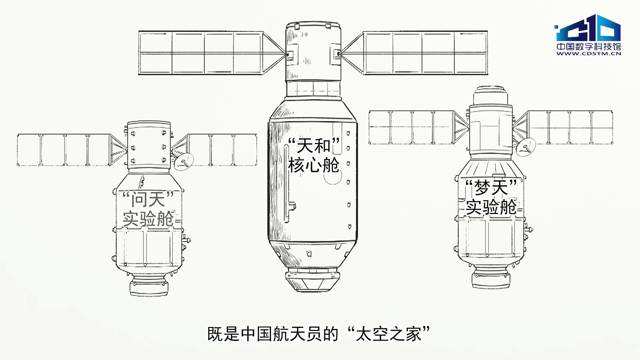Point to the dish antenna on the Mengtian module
pyautogui.click(x=526, y=147)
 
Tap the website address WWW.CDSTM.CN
pyautogui.click(x=589, y=53)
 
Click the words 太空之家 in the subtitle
pyautogui.click(x=389, y=334)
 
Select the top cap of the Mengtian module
pyautogui.click(x=491, y=95)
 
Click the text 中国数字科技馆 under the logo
pyautogui.click(x=589, y=46)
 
